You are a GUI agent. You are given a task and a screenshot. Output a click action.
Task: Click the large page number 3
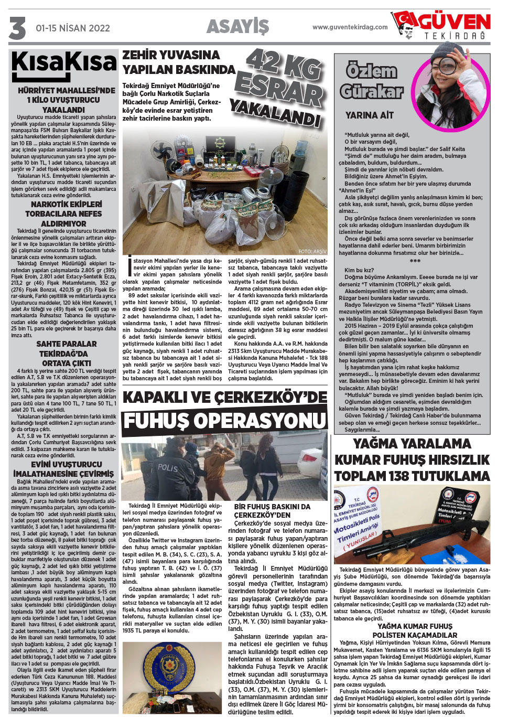pyautogui.click(x=17, y=28)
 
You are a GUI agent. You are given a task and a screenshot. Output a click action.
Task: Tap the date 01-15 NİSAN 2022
pyautogui.click(x=72, y=28)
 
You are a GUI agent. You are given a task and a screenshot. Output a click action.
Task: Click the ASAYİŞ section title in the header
pyautogui.click(x=237, y=26)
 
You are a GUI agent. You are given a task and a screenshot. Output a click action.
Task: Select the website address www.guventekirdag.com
pyautogui.click(x=350, y=27)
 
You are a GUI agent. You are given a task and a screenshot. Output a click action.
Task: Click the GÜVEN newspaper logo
pyautogui.click(x=444, y=25)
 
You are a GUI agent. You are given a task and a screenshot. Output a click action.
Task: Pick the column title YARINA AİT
pyautogui.click(x=369, y=115)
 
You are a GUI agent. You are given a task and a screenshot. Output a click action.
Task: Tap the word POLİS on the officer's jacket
pyautogui.click(x=167, y=467)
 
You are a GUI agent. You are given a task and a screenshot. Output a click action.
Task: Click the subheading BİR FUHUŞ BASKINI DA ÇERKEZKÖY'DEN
pyautogui.click(x=272, y=511)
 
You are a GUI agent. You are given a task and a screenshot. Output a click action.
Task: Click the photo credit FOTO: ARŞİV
pyautogui.click(x=312, y=252)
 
